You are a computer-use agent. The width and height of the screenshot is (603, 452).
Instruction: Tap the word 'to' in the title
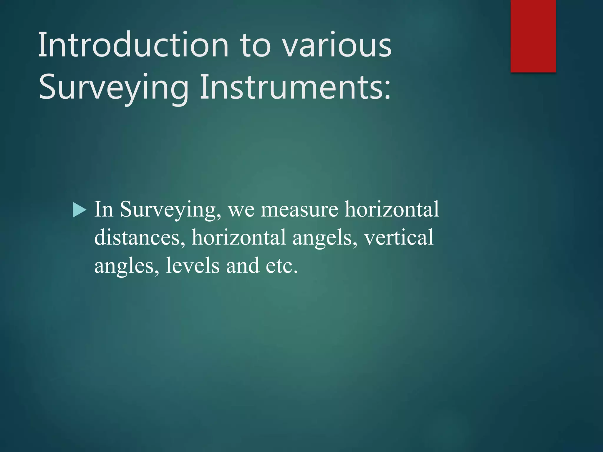click(x=255, y=46)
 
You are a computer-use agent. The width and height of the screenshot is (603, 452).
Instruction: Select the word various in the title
click(x=337, y=46)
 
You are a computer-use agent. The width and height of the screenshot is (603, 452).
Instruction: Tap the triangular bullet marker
click(x=79, y=210)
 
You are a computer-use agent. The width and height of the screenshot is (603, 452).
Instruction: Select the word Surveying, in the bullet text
click(x=170, y=210)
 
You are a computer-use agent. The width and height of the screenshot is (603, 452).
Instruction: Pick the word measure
click(x=299, y=210)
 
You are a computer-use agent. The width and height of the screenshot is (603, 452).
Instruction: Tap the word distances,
click(x=140, y=237)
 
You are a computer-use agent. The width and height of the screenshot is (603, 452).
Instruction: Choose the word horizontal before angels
click(x=238, y=237)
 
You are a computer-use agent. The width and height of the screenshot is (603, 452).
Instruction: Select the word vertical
click(x=399, y=237)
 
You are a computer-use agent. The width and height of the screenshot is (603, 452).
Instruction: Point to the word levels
click(x=193, y=265)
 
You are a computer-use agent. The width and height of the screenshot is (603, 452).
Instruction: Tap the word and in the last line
click(x=243, y=265)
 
